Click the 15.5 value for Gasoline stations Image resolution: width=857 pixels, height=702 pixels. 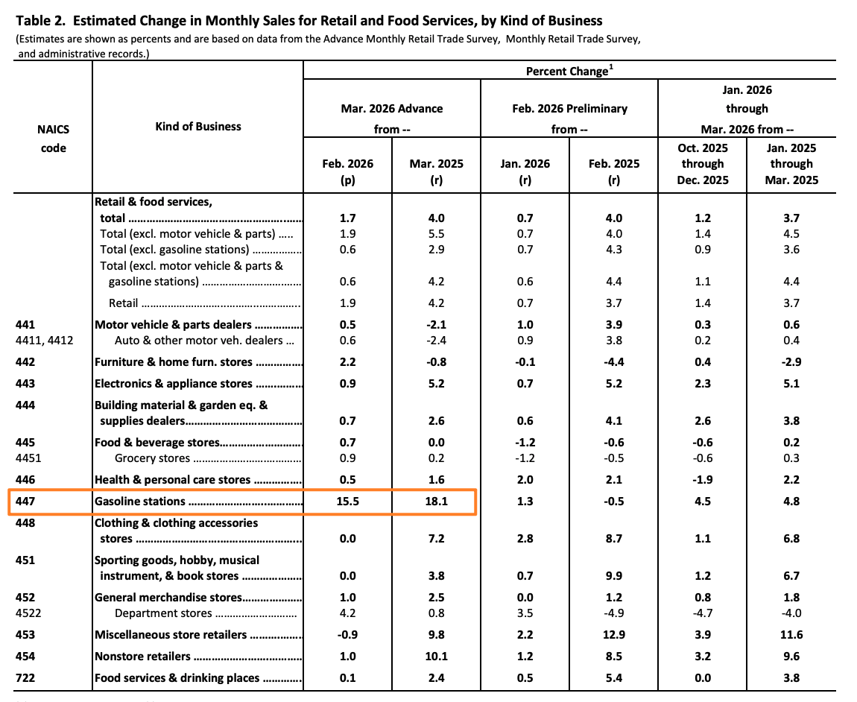pos(348,502)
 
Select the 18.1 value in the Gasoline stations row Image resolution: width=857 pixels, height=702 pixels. pos(436,502)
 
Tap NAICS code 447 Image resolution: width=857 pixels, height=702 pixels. pos(25,502)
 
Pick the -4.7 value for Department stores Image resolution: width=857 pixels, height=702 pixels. pos(702,613)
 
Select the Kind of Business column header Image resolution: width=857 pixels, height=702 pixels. pos(198,127)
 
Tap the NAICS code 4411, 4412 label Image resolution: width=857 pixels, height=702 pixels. pos(44,341)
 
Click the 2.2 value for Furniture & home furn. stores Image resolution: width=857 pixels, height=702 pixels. pos(348,362)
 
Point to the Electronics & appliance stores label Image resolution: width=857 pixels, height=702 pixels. pos(173,384)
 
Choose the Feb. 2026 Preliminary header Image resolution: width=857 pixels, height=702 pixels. pos(569,109)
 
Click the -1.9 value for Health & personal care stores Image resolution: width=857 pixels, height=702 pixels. pos(702,480)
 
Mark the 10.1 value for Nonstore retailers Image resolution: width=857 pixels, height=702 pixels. pos(436,657)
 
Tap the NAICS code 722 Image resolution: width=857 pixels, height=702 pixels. pos(25,678)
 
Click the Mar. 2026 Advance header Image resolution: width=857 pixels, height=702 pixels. pos(392,109)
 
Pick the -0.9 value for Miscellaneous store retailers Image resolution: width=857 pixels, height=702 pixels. pos(348,635)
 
